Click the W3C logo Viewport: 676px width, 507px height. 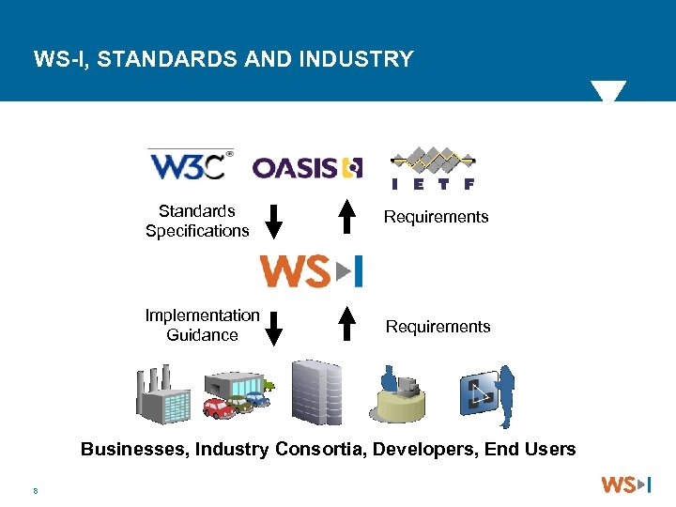click(191, 164)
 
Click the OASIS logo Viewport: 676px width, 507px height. click(307, 168)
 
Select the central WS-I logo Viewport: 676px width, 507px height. click(311, 270)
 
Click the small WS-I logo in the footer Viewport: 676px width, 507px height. click(625, 485)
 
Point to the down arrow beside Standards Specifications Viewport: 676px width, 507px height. click(273, 220)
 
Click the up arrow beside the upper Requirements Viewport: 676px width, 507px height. click(347, 216)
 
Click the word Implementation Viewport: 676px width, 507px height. click(202, 315)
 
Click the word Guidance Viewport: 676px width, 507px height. click(202, 335)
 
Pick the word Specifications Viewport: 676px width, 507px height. click(197, 231)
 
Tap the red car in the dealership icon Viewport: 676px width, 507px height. click(218, 408)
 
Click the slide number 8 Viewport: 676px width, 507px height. click(35, 489)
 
